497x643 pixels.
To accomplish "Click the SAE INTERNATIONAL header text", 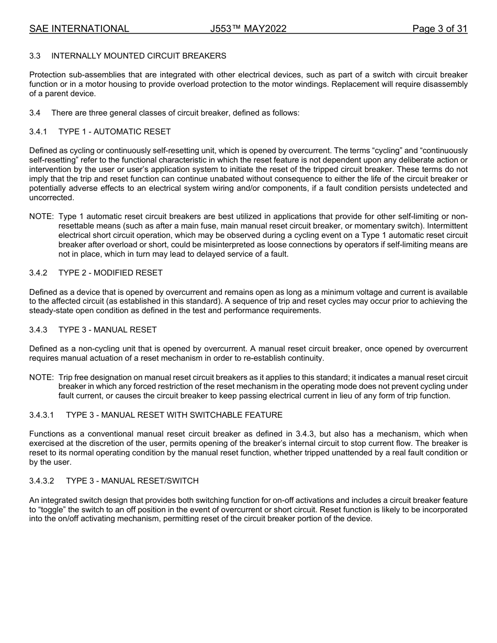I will pyautogui.click(x=79, y=29).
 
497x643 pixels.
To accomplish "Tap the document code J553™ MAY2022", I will pyautogui.click(x=248, y=29).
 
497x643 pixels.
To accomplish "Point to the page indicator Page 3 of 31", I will pyautogui.click(x=439, y=29).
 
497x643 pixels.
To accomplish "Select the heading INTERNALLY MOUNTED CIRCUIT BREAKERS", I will pyautogui.click(x=139, y=55).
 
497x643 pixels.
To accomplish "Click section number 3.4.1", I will pyautogui.click(x=38, y=132).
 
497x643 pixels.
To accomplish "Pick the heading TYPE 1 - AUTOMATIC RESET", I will pyautogui.click(x=115, y=132).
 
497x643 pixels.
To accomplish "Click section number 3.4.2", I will pyautogui.click(x=38, y=273).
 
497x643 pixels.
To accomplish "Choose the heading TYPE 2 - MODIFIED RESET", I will pyautogui.click(x=110, y=273).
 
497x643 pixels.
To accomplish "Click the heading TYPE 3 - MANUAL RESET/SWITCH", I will pyautogui.click(x=132, y=481).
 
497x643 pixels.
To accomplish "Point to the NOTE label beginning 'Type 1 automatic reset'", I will pyautogui.click(x=41, y=216).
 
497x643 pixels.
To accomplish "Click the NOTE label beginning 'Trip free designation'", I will pyautogui.click(x=41, y=377).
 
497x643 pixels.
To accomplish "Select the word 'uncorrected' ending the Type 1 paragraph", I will pyautogui.click(x=52, y=198).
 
